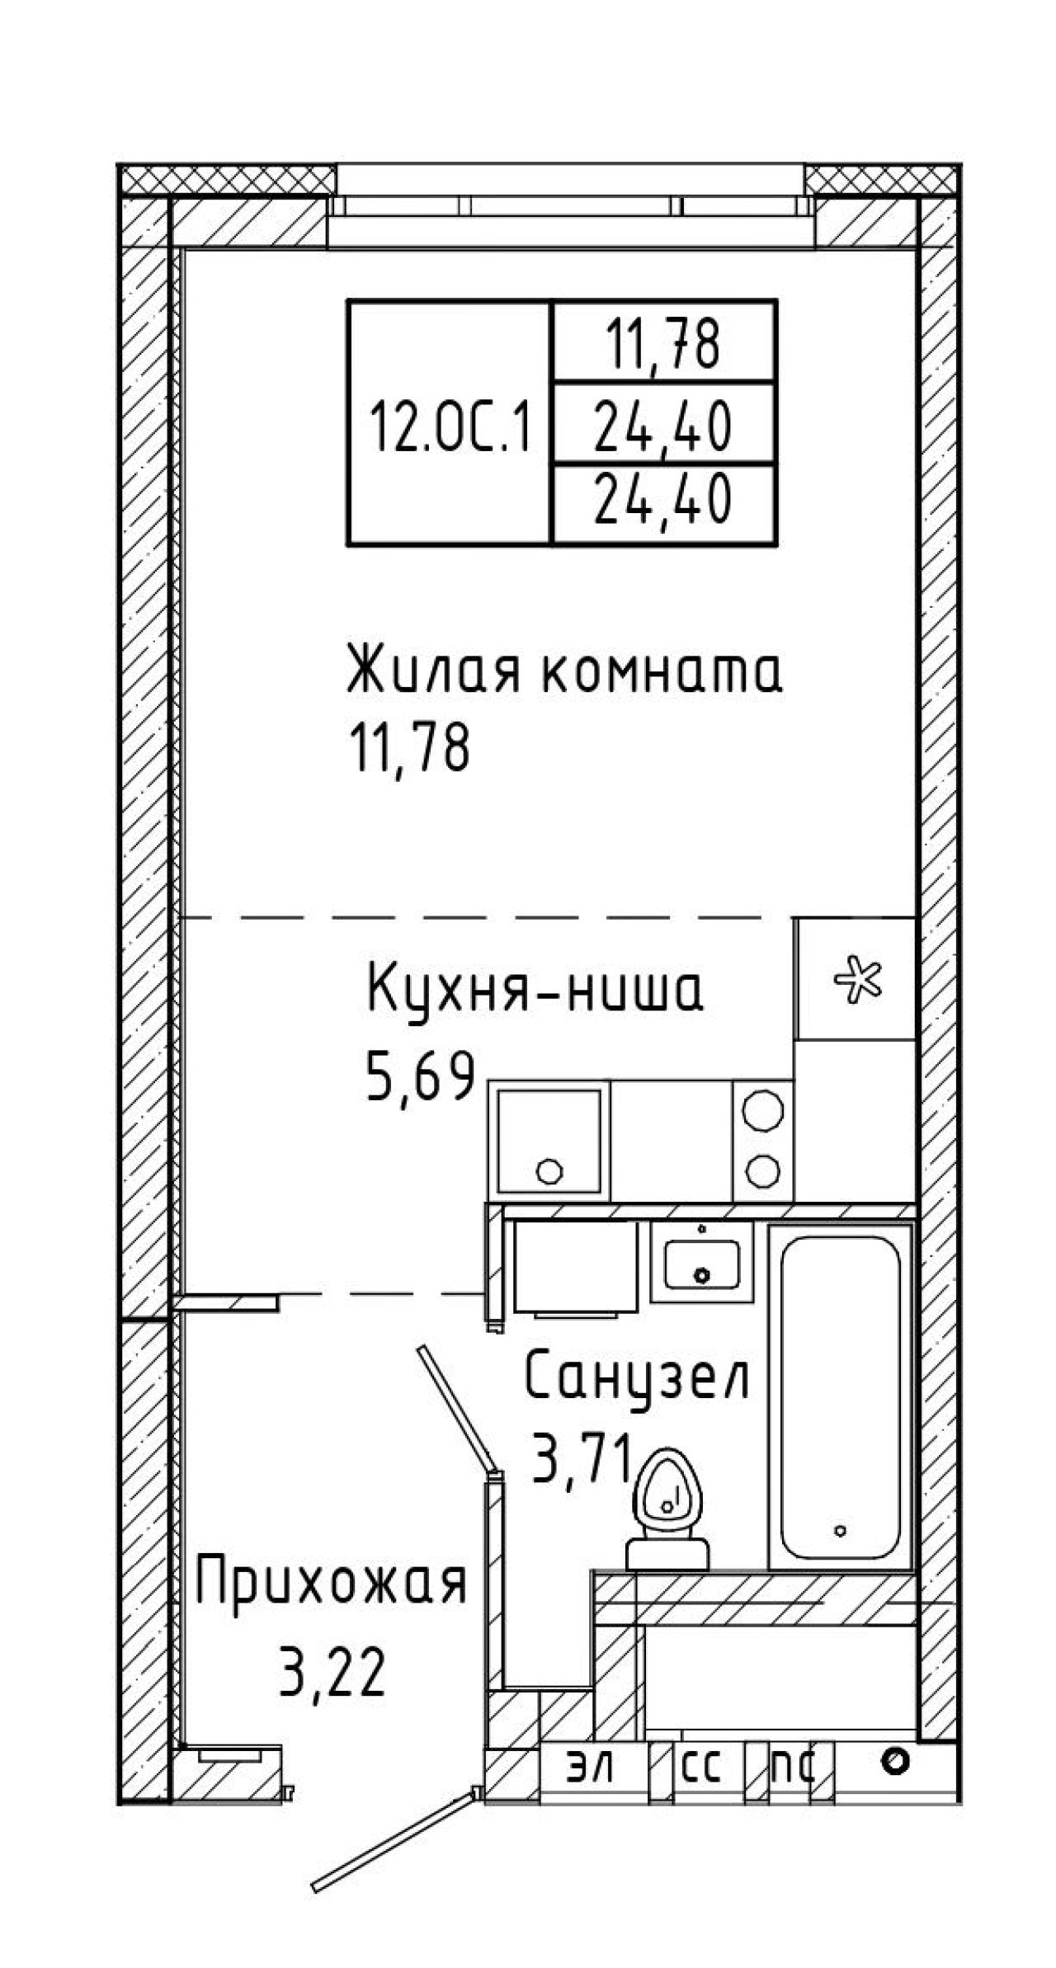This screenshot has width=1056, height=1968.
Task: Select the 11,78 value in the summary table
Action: (663, 344)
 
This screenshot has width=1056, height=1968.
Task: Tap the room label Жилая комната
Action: (564, 671)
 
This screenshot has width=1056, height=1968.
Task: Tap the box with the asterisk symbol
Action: (856, 979)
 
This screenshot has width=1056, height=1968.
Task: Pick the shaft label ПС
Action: (793, 1766)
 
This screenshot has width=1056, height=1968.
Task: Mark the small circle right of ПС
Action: (895, 1763)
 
